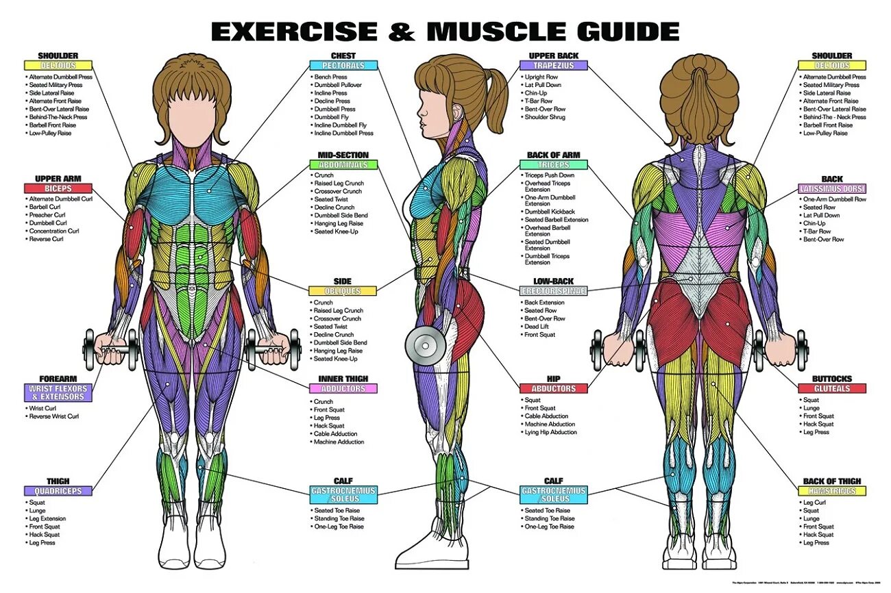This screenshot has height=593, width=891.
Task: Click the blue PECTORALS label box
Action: pos(343,66)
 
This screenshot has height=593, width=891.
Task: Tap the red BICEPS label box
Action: pos(58,188)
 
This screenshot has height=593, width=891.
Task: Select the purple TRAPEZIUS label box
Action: pos(553,66)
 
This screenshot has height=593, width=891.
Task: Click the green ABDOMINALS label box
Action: pos(343,165)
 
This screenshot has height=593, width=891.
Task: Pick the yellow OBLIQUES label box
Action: pos(343,292)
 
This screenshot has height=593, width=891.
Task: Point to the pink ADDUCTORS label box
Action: pos(343,389)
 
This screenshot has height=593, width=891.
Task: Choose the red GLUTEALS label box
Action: pos(831,389)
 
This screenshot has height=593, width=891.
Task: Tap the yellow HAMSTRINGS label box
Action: pos(831,491)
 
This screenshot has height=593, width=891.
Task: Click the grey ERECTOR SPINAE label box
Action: pos(553,291)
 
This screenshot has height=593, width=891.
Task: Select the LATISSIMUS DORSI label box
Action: pos(831,188)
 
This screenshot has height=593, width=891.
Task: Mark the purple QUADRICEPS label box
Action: pos(58,491)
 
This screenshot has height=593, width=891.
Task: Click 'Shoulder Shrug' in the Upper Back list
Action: pos(545,117)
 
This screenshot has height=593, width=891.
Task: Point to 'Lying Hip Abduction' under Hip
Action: pos(550,432)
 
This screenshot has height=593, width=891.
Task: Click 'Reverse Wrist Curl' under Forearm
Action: pos(53,416)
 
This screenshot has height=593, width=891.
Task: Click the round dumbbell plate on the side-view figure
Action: pos(425,345)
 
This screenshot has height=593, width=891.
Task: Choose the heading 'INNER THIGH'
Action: pos(343,379)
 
